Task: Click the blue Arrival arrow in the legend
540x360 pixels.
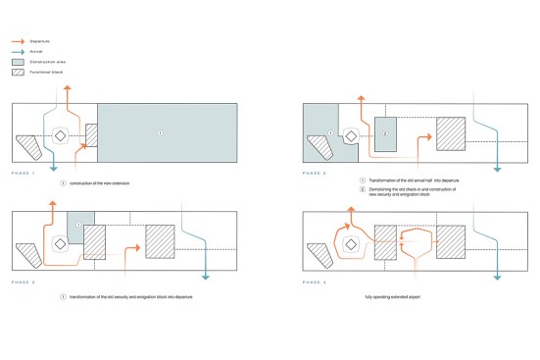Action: (x=18, y=52)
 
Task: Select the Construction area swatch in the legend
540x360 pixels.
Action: (x=18, y=62)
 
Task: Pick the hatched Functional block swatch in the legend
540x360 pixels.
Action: (x=18, y=72)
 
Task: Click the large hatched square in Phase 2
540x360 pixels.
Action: (x=451, y=133)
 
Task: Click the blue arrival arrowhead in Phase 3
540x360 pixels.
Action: (x=205, y=278)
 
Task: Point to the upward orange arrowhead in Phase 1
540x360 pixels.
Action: (x=68, y=88)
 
